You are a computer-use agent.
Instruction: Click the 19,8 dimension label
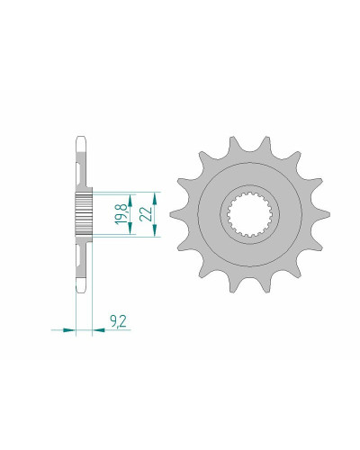[121, 214]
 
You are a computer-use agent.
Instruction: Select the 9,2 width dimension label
[118, 321]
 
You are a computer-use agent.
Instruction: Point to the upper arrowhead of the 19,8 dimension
[130, 200]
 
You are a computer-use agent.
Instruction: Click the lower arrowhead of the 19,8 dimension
[130, 229]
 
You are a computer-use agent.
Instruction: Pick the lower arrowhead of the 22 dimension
[155, 230]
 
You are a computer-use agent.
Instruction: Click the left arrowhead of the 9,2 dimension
[68, 330]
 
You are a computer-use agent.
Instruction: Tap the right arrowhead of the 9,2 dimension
[99, 330]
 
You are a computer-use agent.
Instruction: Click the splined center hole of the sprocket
[249, 214]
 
